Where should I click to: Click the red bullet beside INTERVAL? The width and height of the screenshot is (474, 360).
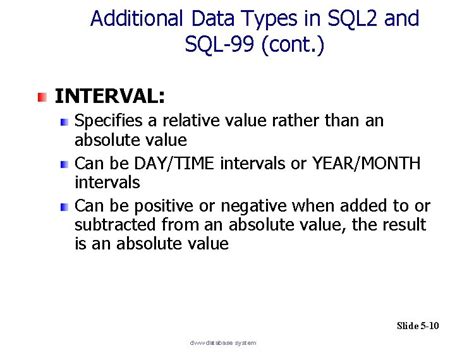(x=42, y=97)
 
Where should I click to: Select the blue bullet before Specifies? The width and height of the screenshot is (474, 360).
(x=64, y=122)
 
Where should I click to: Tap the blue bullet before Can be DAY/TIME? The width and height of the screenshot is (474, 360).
(x=64, y=163)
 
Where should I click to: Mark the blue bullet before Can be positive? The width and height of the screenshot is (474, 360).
(x=64, y=204)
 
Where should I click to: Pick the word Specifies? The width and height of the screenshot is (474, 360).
(x=109, y=121)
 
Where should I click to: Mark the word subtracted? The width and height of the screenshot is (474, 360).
(x=117, y=223)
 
